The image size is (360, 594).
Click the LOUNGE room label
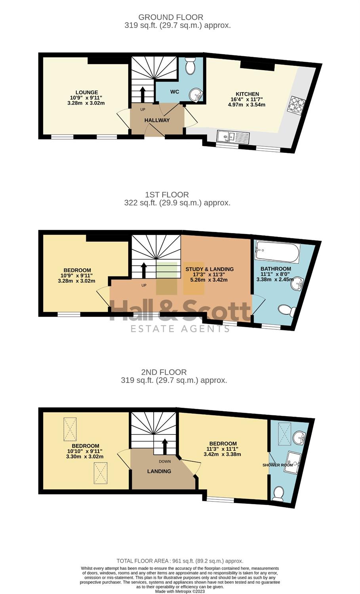pyautogui.click(x=87, y=92)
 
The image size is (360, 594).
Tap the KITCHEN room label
pyautogui.click(x=247, y=94)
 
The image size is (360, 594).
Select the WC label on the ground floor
pyautogui.click(x=175, y=92)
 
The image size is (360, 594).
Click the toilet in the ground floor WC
pyautogui.click(x=190, y=66)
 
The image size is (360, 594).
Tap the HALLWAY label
pyautogui.click(x=157, y=120)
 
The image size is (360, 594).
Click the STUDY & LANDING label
pyautogui.click(x=210, y=269)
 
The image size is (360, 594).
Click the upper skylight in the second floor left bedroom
pyautogui.click(x=70, y=429)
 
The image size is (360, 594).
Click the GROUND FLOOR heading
pyautogui.click(x=171, y=17)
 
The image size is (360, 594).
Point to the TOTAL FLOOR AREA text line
pyautogui.click(x=180, y=561)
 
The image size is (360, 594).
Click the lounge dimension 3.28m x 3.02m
pyautogui.click(x=86, y=103)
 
